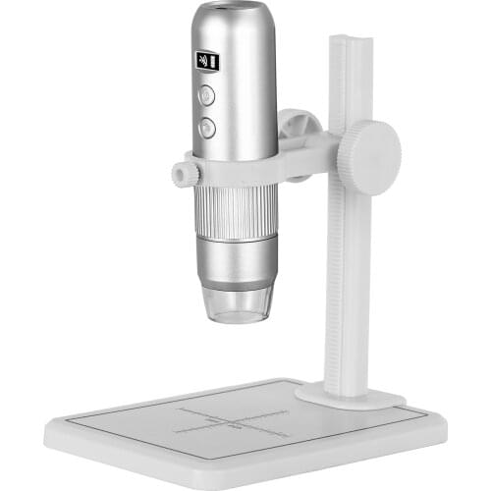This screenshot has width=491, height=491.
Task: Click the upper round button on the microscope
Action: [206, 95]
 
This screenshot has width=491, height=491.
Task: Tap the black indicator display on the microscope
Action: [207, 61]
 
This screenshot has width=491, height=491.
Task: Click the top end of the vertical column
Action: [351, 40]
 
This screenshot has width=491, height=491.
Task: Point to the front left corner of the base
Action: [49, 429]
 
